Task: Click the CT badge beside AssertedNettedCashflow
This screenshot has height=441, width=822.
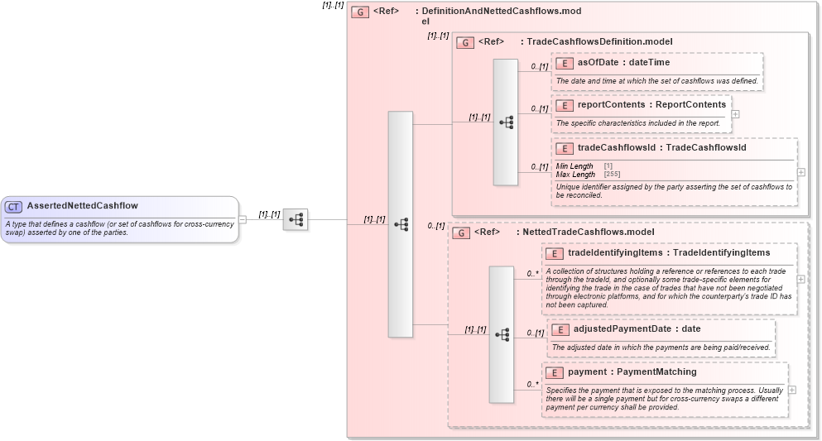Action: pos(14,206)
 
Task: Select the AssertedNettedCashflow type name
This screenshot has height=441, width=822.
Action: pos(82,206)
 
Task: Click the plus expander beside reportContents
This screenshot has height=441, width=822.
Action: pos(735,114)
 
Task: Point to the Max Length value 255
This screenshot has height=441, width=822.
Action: pos(612,175)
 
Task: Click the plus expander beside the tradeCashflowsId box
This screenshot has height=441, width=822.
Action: pos(800,173)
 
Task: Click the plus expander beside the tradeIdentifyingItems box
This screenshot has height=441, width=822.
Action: pos(800,279)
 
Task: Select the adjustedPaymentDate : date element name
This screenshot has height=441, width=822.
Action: pos(637,329)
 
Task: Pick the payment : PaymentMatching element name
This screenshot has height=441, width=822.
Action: pos(632,372)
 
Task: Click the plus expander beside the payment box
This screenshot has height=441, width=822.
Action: pos(792,390)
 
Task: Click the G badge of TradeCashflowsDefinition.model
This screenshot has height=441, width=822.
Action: pos(465,42)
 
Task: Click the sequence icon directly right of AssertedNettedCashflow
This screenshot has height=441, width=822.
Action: pos(296,220)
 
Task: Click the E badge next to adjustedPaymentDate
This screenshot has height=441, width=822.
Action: pos(560,329)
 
